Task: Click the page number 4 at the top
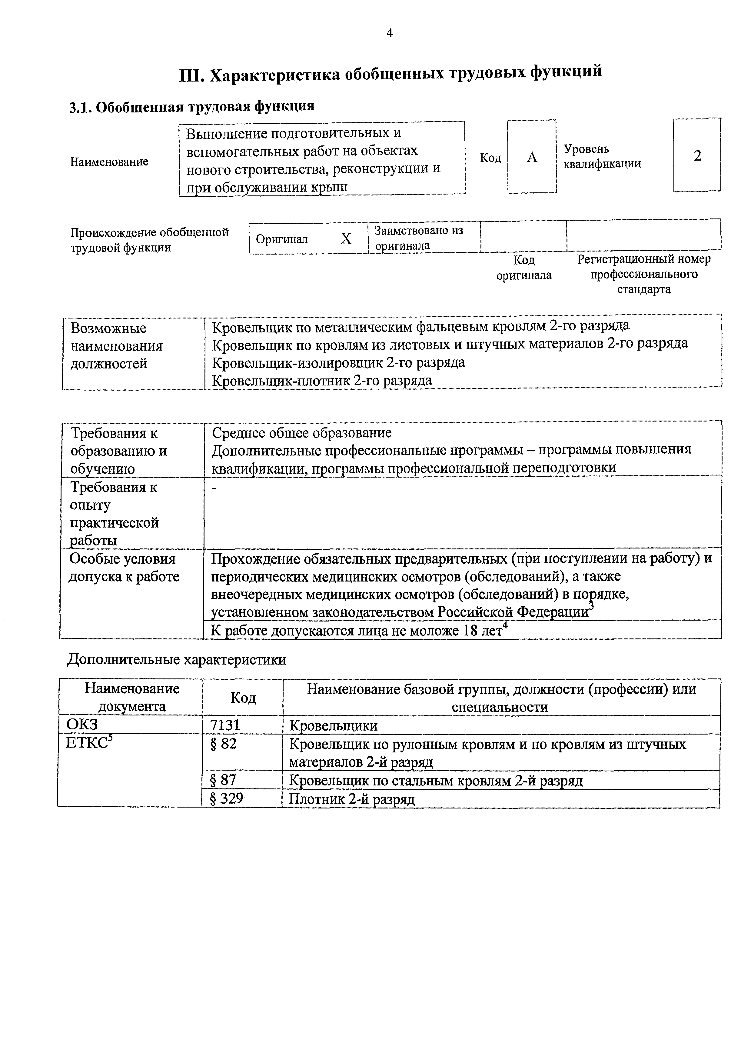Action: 389,33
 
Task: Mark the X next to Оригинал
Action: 346,238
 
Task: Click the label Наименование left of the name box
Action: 109,162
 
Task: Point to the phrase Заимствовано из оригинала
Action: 418,238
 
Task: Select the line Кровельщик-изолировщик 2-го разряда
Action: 338,362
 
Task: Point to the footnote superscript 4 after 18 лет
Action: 505,626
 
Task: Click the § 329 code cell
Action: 227,798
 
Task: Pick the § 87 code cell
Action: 223,780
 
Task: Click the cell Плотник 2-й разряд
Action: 352,799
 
